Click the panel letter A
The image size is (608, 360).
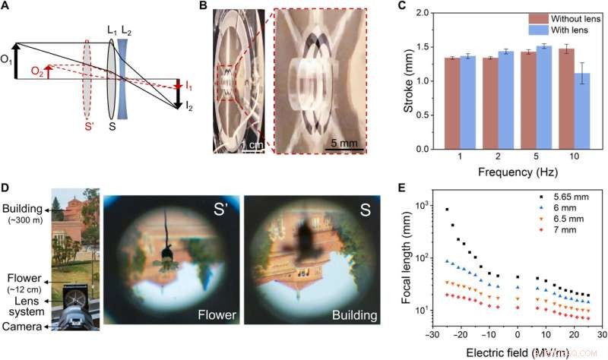tap(8, 9)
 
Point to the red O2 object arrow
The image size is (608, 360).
tap(48, 73)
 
